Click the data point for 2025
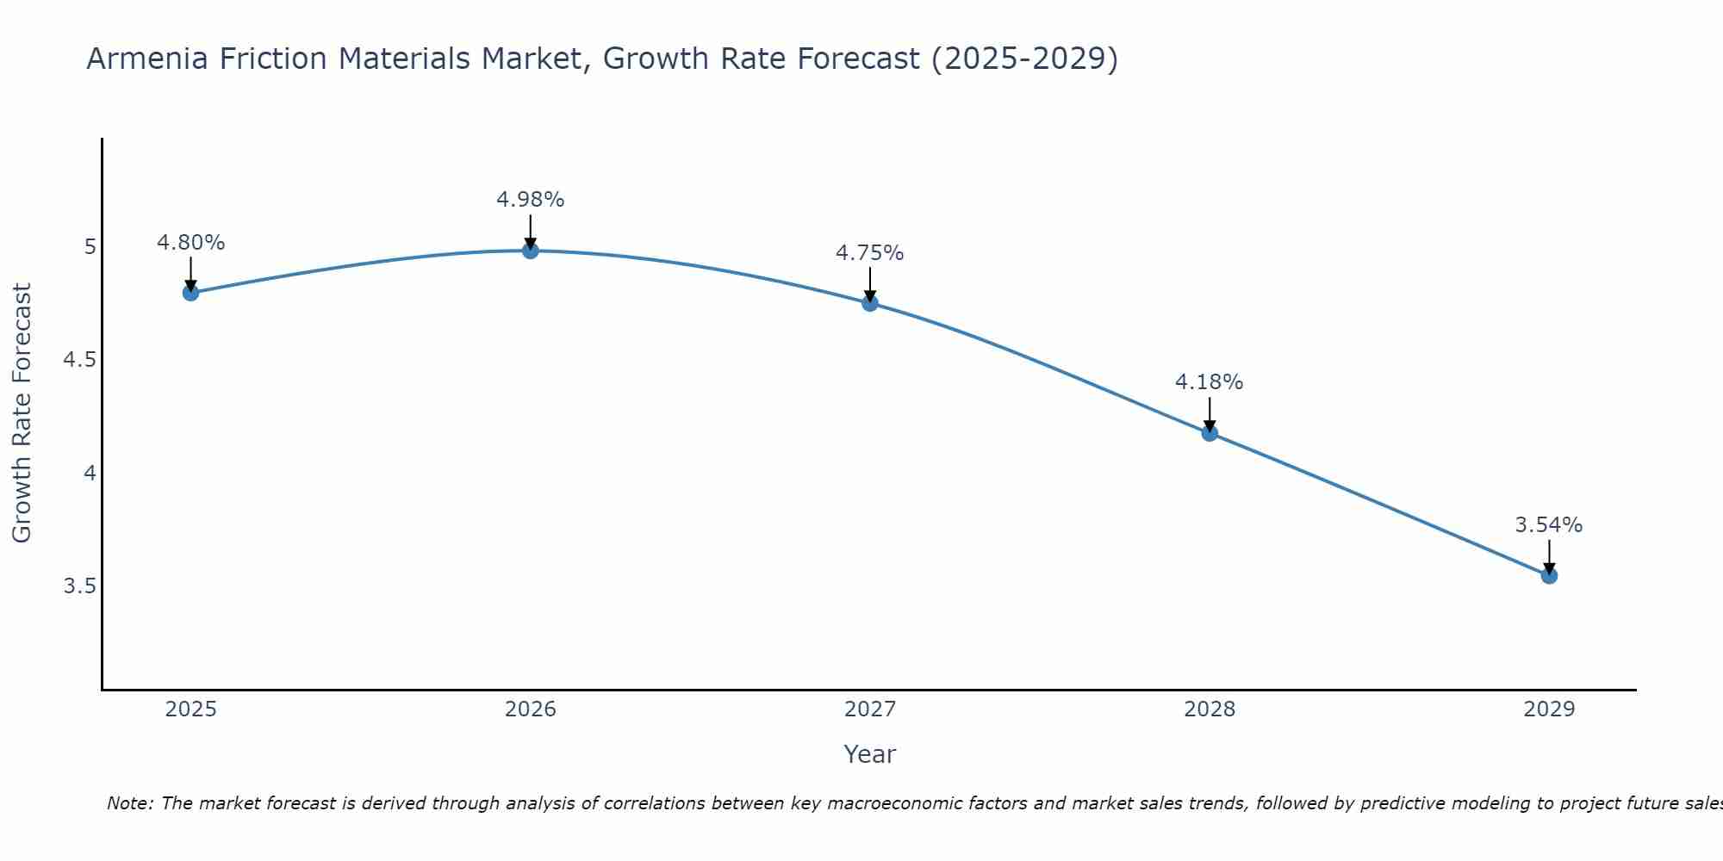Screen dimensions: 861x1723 pyautogui.click(x=190, y=293)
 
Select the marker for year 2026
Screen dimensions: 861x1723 pyautogui.click(x=531, y=251)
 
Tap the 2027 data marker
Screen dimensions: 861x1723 pyautogui.click(x=870, y=303)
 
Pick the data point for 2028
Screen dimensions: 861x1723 pyautogui.click(x=1210, y=433)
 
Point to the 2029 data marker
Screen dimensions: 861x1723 pyautogui.click(x=1549, y=576)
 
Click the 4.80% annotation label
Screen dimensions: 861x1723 pyautogui.click(x=190, y=243)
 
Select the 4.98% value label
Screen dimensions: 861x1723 pyautogui.click(x=531, y=200)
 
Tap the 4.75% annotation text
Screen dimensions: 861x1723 pyautogui.click(x=870, y=253)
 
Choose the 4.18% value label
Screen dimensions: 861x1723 pyautogui.click(x=1210, y=382)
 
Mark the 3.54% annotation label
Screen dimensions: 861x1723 pyautogui.click(x=1549, y=525)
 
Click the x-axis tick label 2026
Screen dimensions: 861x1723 pyautogui.click(x=531, y=709)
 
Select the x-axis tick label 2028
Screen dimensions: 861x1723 pyautogui.click(x=1210, y=709)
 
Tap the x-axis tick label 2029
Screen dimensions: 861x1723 pyautogui.click(x=1549, y=709)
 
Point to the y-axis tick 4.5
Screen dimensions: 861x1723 pyautogui.click(x=79, y=360)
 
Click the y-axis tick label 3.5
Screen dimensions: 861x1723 pyautogui.click(x=79, y=586)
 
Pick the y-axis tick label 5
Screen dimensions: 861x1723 pyautogui.click(x=90, y=247)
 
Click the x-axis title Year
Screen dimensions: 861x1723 pyautogui.click(x=870, y=754)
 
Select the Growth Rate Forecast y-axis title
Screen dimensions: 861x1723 pyautogui.click(x=22, y=413)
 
